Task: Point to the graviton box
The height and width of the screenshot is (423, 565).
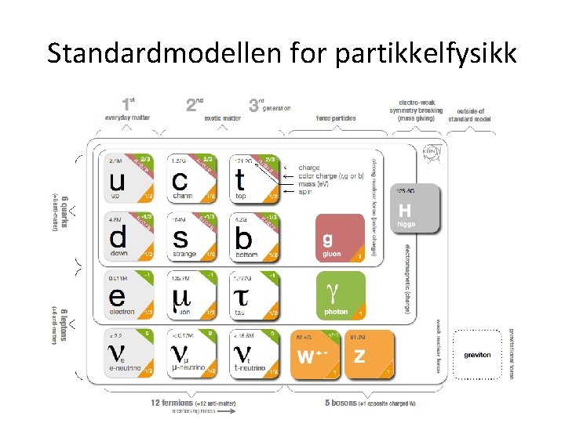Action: point(477,355)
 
